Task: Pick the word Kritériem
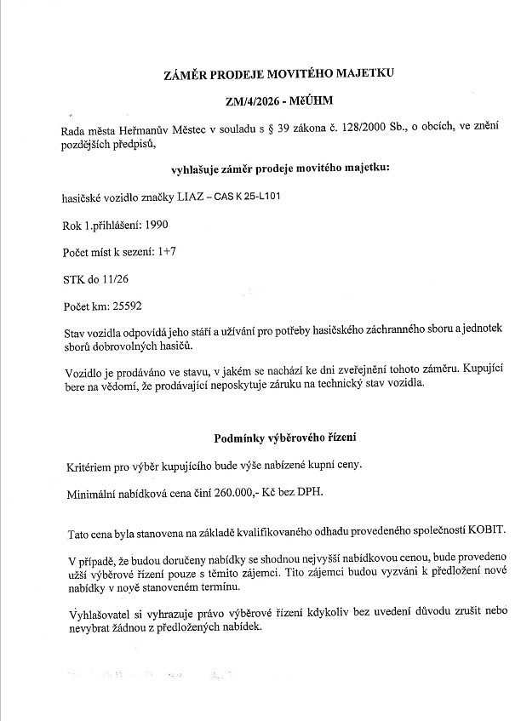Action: [89, 466]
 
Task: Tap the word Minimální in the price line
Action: [94, 493]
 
